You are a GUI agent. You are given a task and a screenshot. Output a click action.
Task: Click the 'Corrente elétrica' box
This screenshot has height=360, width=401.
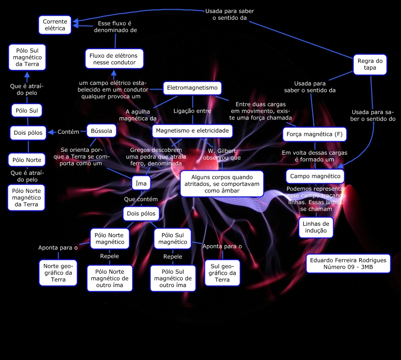pyautogui.click(x=55, y=25)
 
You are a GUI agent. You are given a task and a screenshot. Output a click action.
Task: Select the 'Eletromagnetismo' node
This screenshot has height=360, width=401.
pyautogui.click(x=192, y=88)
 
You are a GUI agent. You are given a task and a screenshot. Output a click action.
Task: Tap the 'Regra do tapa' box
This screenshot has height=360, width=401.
pyautogui.click(x=370, y=64)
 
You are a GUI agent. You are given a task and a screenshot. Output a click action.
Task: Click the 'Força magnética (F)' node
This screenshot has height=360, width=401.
pyautogui.click(x=314, y=134)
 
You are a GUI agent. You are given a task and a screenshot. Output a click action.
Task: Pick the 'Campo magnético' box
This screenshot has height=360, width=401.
pyautogui.click(x=315, y=176)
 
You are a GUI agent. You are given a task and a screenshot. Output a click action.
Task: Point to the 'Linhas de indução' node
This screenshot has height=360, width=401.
pyautogui.click(x=316, y=227)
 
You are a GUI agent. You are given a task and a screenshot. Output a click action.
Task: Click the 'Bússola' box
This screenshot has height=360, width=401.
pyautogui.click(x=101, y=131)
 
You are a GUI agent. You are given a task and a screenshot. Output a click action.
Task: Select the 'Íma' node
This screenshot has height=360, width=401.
pyautogui.click(x=141, y=183)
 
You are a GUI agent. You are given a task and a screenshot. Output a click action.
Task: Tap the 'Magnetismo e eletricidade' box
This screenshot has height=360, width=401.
pyautogui.click(x=192, y=131)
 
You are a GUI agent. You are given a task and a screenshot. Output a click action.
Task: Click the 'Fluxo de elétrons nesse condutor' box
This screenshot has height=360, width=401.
pyautogui.click(x=114, y=59)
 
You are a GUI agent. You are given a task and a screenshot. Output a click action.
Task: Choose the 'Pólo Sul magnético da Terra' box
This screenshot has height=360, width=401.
pyautogui.click(x=27, y=57)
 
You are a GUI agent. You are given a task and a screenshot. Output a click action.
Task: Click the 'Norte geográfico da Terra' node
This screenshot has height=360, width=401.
pyautogui.click(x=58, y=272)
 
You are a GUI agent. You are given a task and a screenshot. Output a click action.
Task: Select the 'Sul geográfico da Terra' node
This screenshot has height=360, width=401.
pyautogui.click(x=222, y=273)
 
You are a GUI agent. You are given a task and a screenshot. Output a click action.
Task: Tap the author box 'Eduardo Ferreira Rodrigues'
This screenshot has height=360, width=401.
pyautogui.click(x=348, y=264)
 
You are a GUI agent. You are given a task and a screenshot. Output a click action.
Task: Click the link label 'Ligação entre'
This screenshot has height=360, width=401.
pyautogui.click(x=192, y=111)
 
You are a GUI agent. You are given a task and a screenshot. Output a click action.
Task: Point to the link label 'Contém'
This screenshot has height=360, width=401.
pyautogui.click(x=68, y=132)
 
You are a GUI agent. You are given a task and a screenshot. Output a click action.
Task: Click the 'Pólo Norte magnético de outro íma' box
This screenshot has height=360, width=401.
pyautogui.click(x=110, y=278)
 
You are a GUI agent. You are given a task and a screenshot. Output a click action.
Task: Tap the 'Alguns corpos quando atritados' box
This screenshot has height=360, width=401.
pyautogui.click(x=221, y=183)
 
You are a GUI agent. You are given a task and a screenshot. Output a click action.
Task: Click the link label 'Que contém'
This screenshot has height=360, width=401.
pyautogui.click(x=141, y=199)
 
